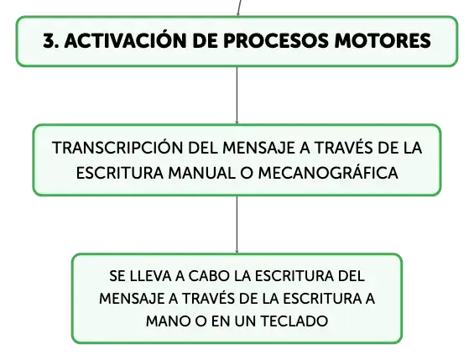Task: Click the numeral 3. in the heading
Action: pyautogui.click(x=51, y=41)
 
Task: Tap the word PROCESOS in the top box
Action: pyautogui.click(x=276, y=41)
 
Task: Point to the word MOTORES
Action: pyautogui.click(x=383, y=41)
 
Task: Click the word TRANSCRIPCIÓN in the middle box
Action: pyautogui.click(x=118, y=147)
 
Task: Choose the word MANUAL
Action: pyautogui.click(x=201, y=174)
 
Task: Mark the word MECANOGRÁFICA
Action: pyautogui.click(x=328, y=172)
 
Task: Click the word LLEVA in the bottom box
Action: pyautogui.click(x=148, y=276)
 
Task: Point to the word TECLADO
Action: pyautogui.click(x=294, y=321)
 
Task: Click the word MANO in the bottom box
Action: pyautogui.click(x=169, y=321)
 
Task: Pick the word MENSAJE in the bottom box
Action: pyautogui.click(x=132, y=300)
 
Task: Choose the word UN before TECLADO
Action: pyautogui.click(x=246, y=321)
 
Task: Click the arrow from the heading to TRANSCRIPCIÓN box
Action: pyautogui.click(x=237, y=95)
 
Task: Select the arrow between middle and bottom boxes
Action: pyautogui.click(x=237, y=225)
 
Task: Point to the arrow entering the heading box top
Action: pyautogui.click(x=239, y=8)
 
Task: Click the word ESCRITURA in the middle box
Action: pyautogui.click(x=120, y=174)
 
